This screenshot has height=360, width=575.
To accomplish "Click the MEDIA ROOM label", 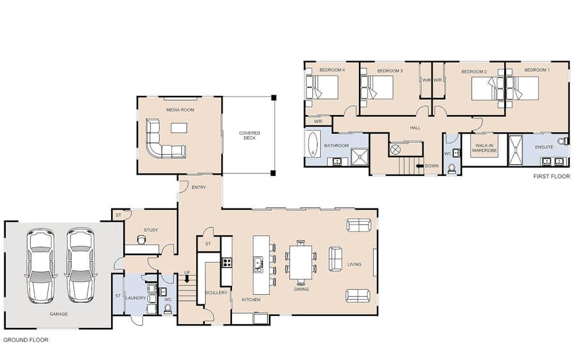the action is tap(180, 110).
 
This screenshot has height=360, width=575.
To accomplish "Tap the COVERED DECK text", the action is tap(249, 136).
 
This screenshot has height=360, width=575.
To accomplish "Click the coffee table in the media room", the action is tap(179, 128).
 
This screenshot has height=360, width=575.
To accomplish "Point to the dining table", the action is tap(300, 262).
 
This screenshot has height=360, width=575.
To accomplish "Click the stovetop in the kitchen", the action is tap(227, 262).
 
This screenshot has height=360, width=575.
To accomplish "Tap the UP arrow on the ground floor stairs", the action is tap(187, 279).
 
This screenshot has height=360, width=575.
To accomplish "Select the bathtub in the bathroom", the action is tap(313, 144).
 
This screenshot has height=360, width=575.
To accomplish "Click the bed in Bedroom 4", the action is tap(322, 87).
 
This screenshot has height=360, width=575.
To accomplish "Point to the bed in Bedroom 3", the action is tap(376, 88).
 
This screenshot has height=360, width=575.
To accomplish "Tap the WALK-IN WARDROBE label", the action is tap(484, 148).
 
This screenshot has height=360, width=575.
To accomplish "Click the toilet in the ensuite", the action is tap(563, 141).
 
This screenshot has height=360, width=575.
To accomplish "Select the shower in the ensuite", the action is tap(515, 150).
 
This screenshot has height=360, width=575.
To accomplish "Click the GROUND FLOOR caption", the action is tap(26, 340).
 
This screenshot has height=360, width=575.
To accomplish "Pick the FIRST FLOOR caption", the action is tap(551, 176).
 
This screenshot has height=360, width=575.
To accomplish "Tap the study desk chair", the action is tap(141, 240).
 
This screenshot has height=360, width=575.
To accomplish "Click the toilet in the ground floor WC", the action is tap(167, 310).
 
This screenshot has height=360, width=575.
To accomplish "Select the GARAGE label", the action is tap(59, 314).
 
